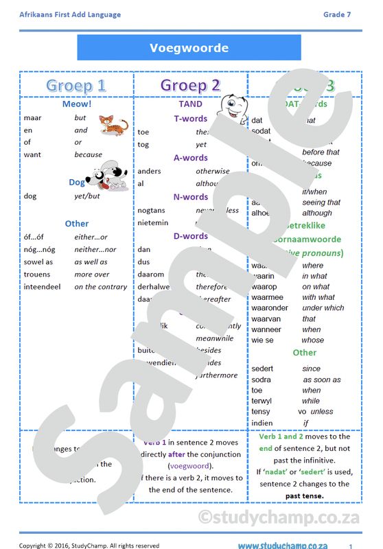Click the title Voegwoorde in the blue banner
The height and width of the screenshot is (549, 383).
point(189,48)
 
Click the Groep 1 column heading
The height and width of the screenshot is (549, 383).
point(76,86)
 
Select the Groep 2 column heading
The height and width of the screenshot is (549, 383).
point(190,86)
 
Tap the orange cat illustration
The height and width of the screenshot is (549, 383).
point(113,126)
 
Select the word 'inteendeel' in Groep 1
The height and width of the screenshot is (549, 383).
point(43,287)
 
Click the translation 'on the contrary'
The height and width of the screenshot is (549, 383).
point(100,287)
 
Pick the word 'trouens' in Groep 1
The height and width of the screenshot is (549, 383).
point(37,274)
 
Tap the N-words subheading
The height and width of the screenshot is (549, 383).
point(190,197)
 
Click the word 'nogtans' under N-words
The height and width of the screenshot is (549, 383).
point(151,211)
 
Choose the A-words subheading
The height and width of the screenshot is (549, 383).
point(190,158)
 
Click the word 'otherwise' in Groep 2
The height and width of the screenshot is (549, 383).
point(213,172)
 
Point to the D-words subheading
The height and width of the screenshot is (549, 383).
point(190,236)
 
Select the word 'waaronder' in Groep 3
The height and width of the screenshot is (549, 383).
point(270,308)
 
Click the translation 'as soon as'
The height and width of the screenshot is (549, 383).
point(322,379)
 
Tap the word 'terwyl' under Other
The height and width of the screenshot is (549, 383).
point(262,401)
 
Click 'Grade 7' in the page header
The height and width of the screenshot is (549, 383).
point(337,14)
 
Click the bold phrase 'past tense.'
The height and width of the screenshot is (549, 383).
point(305,495)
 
